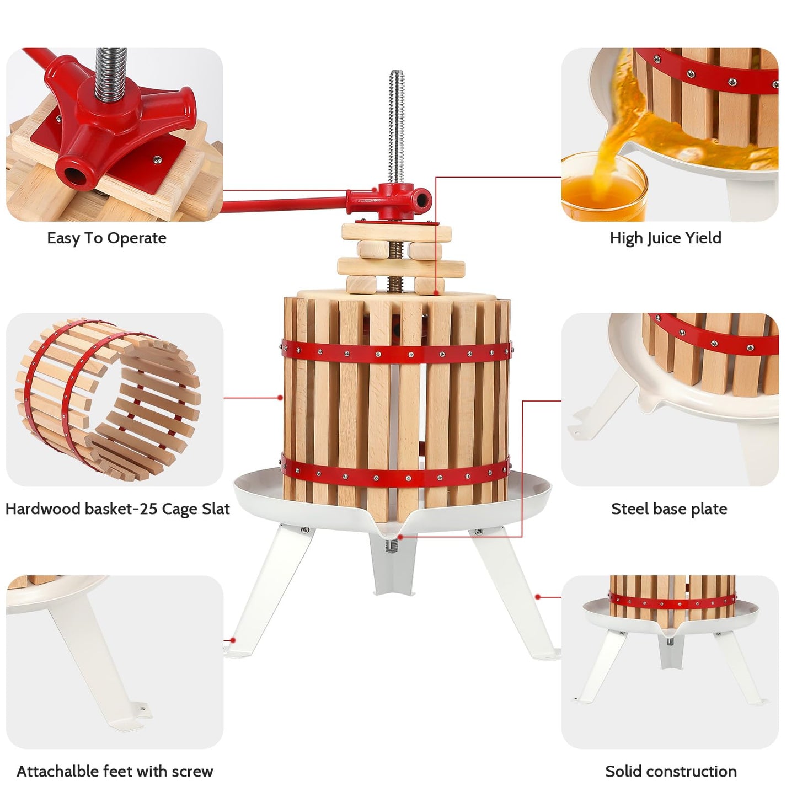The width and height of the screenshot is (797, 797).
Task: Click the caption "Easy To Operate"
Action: coord(106,238)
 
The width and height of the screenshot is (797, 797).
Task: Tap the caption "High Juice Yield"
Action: coord(665,238)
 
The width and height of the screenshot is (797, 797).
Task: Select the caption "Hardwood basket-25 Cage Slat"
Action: coord(117,509)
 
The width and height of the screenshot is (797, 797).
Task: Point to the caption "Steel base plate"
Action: coord(668,509)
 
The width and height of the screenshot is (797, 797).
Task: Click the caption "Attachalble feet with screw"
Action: coord(115,771)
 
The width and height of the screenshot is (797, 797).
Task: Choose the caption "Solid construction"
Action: coord(671,771)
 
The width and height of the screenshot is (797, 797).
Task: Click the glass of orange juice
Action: coord(603,190)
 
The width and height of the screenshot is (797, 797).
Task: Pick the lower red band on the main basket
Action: coord(396,474)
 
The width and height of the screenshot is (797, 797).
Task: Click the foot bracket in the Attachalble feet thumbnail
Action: coord(136,712)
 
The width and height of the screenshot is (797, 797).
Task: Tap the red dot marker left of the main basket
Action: coord(280,397)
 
